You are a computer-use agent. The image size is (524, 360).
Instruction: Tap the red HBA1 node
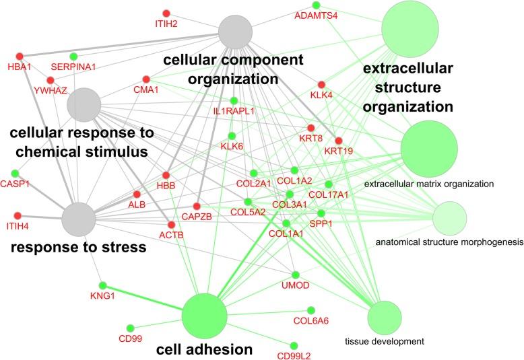[20, 56]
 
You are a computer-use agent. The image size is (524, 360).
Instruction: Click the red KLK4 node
[321, 85]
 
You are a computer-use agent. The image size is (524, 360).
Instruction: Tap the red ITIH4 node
[18, 215]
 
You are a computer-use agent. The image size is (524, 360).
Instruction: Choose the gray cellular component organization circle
[235, 32]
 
